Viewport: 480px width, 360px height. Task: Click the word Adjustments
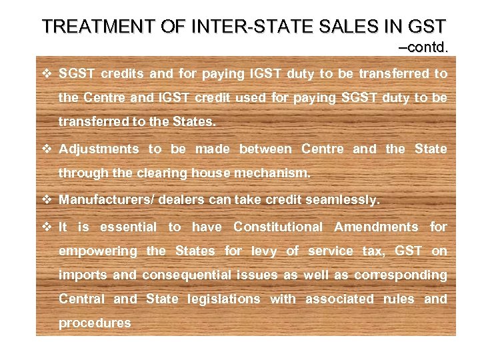point(99,149)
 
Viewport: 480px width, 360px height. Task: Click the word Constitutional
point(277,227)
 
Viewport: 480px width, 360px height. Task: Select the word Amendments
point(376,227)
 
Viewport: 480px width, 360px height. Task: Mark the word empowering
point(97,251)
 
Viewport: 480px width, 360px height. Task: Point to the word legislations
point(224,299)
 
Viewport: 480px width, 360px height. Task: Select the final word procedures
point(95,323)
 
